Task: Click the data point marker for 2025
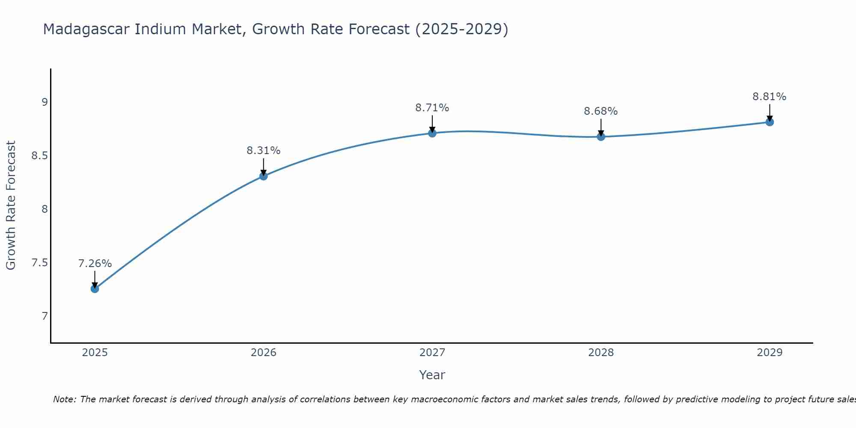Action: pos(95,289)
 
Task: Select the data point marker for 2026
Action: pos(264,176)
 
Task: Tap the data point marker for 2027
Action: pos(432,133)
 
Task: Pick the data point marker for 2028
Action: pos(601,137)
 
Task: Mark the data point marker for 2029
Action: pos(770,122)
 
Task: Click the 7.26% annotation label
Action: pos(95,264)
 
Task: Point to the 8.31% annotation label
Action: pos(264,151)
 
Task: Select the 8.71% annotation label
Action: pos(432,108)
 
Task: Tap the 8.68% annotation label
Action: pos(601,111)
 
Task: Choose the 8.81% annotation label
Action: pos(770,97)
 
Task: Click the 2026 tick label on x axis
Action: pos(264,353)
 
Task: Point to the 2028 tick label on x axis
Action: pos(601,353)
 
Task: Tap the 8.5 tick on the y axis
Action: pos(39,156)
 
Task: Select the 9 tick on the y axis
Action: pos(45,102)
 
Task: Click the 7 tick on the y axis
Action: pos(45,316)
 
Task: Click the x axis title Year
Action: pos(432,375)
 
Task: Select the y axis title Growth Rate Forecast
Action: pos(11,205)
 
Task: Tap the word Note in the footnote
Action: pos(64,399)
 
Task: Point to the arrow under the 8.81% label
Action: pos(770,113)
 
